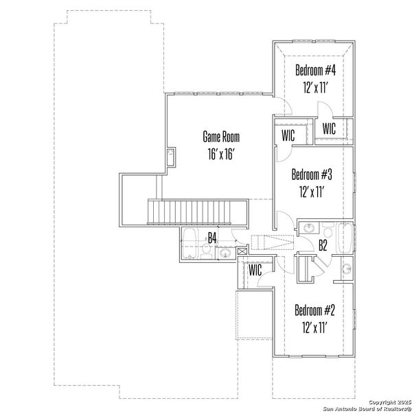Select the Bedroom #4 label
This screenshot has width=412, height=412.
(x=316, y=70)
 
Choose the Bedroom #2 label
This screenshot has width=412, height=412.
(x=314, y=310)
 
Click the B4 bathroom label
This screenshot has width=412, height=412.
(x=212, y=238)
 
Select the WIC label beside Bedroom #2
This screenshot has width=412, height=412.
(x=255, y=271)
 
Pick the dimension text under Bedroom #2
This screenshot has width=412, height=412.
(x=314, y=328)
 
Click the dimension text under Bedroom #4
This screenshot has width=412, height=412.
(x=316, y=88)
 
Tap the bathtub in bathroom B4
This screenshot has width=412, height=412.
(x=190, y=244)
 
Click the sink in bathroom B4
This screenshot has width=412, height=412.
(x=225, y=253)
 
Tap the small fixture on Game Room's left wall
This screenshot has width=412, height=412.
(x=171, y=157)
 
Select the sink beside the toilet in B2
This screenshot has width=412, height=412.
(x=346, y=268)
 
